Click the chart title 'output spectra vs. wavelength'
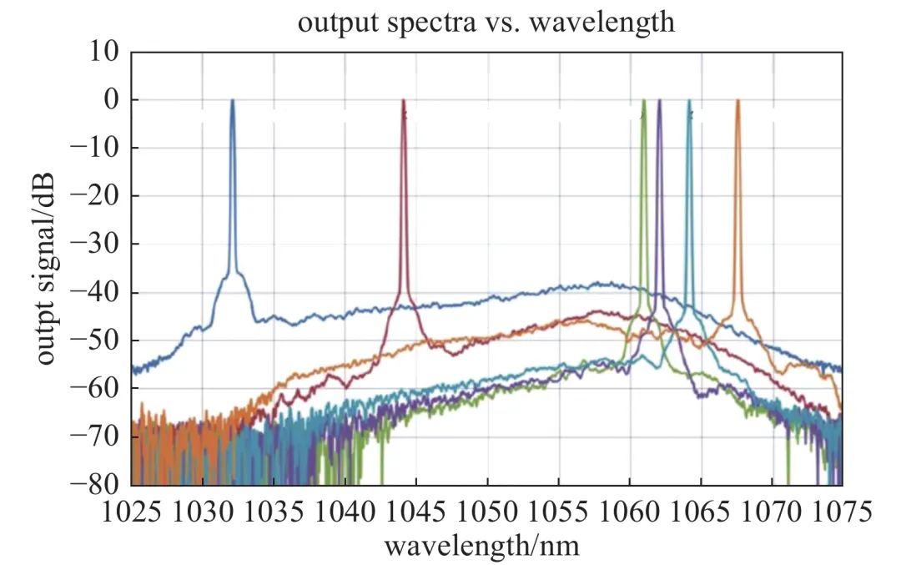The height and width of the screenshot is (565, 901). coord(486,22)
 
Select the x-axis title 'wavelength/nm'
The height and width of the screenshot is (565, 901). coord(481,546)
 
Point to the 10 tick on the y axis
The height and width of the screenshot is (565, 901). coord(107,52)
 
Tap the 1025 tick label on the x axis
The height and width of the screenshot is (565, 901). coord(132,510)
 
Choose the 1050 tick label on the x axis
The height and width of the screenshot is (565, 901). coord(487,510)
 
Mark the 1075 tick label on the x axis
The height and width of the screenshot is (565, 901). coord(842,510)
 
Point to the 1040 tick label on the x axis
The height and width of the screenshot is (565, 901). coord(345,510)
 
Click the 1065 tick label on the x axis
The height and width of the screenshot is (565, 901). coord(700,510)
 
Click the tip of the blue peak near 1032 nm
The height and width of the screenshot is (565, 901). coord(233,101)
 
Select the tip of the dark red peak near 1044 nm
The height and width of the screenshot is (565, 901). coord(404,101)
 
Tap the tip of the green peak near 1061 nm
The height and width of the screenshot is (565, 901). coord(644,101)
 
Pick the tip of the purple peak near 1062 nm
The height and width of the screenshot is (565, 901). coord(659,101)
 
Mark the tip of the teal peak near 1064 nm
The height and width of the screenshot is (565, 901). coord(689,101)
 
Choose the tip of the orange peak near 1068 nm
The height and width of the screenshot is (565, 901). coord(737,101)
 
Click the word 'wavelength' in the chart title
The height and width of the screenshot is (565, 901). coord(609,22)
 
